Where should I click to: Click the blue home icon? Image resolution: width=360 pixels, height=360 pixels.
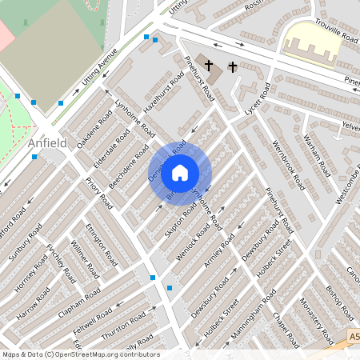point(180,172)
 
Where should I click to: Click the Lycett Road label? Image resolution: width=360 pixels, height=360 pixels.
point(254,118)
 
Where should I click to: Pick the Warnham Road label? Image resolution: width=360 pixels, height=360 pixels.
point(318,156)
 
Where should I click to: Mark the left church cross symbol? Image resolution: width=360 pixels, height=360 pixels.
point(209,65)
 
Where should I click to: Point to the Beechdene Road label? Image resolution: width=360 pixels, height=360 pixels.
point(128,166)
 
